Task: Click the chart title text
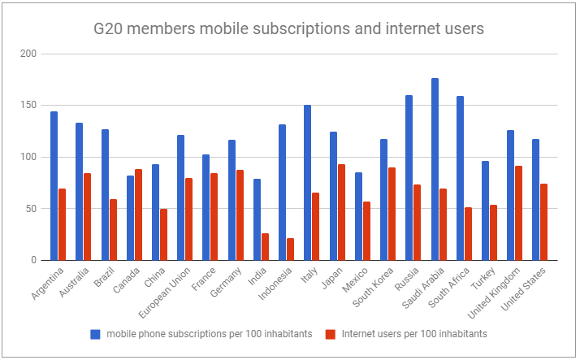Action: coord(289,29)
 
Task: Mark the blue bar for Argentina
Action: coord(54,186)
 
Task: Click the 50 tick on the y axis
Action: coord(33,209)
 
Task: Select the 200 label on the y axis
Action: coord(31,54)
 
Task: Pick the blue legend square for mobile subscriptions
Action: coord(96,333)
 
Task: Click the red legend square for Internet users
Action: coord(329,333)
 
